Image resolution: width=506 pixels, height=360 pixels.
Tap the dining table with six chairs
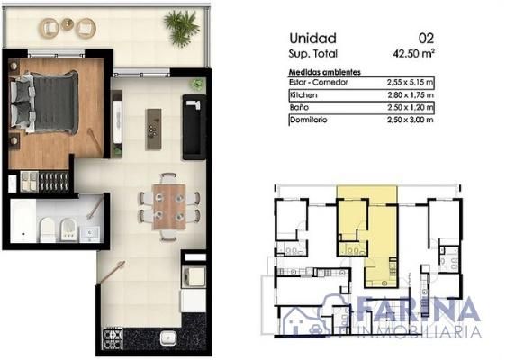169,207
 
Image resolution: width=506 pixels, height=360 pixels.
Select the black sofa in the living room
194,127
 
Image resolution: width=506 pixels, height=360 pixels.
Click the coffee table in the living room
154,129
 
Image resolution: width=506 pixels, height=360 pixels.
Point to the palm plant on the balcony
181,27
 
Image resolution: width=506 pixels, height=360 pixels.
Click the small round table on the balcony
68,24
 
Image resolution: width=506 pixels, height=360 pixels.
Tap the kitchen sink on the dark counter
168,337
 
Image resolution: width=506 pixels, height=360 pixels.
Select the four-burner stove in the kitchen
113,339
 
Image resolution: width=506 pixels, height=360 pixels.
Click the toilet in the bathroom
48,229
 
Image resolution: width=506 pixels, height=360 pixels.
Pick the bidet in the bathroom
68,229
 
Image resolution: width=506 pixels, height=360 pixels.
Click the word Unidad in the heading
313,39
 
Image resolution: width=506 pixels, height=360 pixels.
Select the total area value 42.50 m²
413,53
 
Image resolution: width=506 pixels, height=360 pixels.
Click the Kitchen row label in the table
303,94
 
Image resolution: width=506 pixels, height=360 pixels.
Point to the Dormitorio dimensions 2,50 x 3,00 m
411,120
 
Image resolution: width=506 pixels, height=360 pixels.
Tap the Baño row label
299,107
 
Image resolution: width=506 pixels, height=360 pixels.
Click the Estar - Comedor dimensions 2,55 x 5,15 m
411,83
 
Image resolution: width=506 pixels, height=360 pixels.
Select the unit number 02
426,39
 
